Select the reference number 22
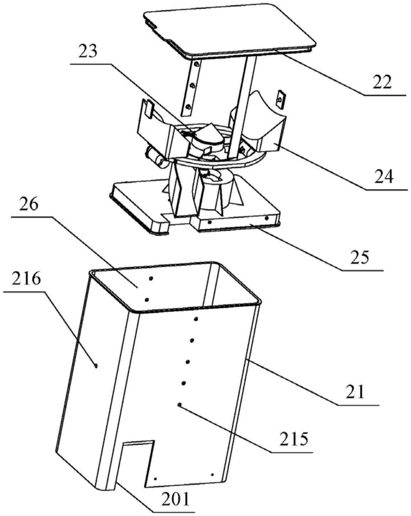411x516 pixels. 382,82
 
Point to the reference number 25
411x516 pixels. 359,257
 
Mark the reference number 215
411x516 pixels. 294,440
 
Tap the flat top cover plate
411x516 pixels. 230,30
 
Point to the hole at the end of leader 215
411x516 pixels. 180,404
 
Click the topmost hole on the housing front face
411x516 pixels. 196,319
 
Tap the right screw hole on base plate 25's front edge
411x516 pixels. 267,219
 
